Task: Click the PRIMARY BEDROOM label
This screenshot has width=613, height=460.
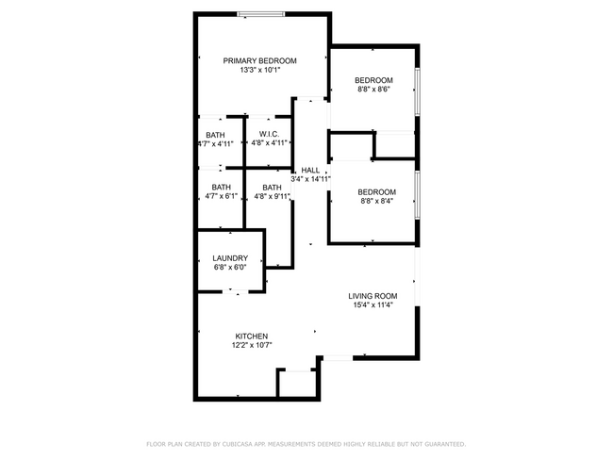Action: pos(259,60)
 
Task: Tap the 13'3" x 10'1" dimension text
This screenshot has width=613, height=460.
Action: pos(259,70)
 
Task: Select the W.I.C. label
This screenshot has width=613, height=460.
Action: pos(267,134)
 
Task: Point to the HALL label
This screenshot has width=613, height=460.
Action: pos(309,170)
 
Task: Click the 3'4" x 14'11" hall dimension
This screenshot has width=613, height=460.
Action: pos(309,178)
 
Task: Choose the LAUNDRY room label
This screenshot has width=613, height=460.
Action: pos(230,258)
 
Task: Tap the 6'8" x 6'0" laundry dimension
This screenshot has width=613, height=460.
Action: pos(230,267)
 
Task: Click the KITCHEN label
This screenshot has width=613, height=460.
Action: pos(252,337)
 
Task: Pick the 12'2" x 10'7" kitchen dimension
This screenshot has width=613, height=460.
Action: pos(252,345)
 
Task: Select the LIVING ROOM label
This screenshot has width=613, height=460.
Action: pos(373,296)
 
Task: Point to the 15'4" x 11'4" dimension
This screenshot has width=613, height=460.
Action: pos(373,304)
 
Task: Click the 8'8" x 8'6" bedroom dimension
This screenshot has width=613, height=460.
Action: pos(373,89)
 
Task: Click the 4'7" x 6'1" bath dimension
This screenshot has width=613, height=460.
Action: pos(221,196)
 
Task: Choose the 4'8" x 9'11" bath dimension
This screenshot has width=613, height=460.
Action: pos(272,196)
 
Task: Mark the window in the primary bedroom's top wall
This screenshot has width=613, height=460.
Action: pos(261,13)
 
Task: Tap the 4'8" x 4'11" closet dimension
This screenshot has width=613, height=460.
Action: pos(267,143)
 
